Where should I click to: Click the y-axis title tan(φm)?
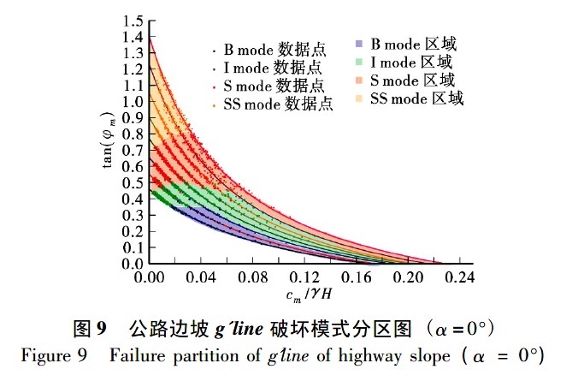point(109,140)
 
